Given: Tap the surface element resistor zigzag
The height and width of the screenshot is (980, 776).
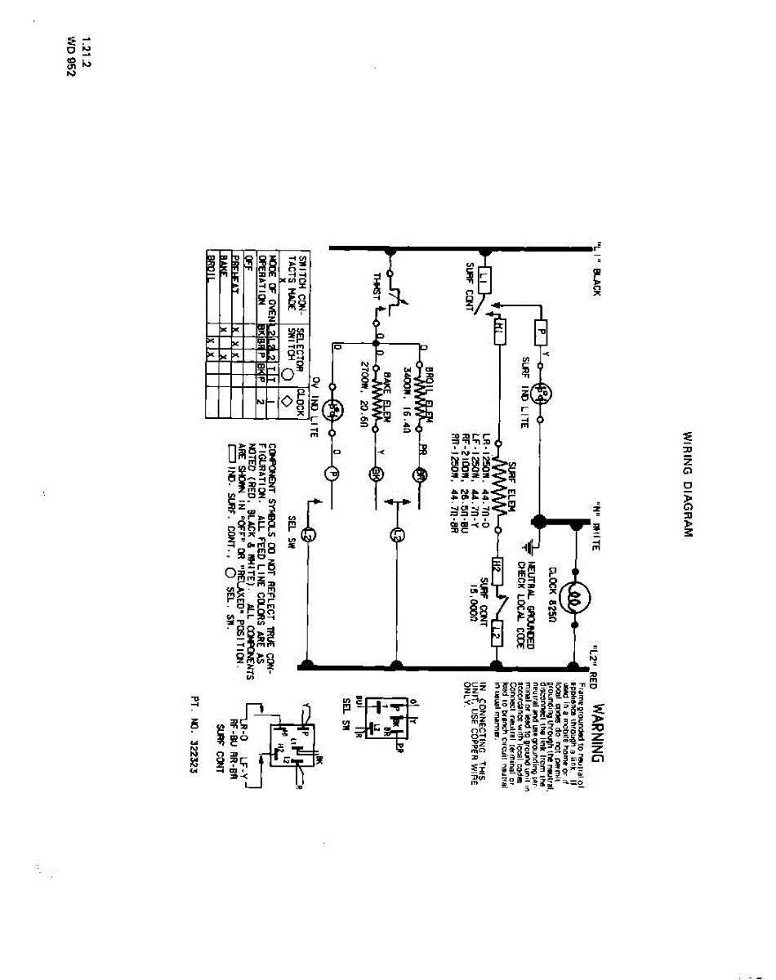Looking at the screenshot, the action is click(497, 488).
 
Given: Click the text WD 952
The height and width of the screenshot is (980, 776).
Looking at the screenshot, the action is click(71, 56).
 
